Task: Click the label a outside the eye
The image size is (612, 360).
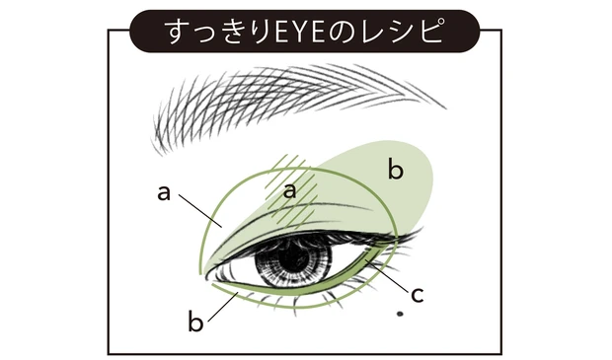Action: tap(164, 191)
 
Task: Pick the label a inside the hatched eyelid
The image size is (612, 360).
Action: tap(290, 191)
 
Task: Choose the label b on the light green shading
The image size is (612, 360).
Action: tap(395, 171)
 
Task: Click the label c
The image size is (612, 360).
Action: tap(417, 293)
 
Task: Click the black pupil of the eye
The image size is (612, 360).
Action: tap(293, 259)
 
